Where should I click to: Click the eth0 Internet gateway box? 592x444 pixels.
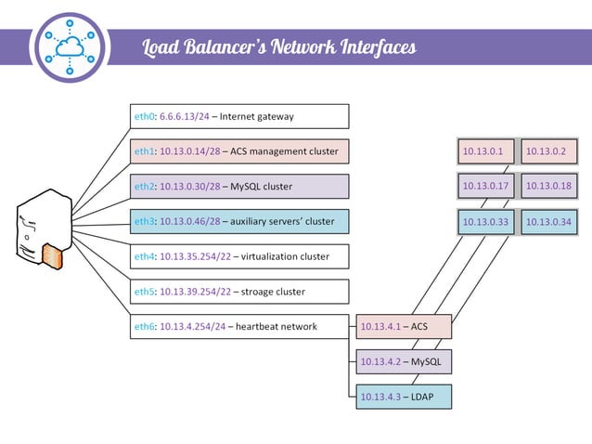click(x=239, y=116)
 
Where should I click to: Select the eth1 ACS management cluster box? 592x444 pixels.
click(x=239, y=151)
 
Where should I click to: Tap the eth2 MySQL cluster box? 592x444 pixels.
click(x=239, y=187)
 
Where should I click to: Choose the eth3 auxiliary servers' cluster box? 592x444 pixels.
click(x=239, y=221)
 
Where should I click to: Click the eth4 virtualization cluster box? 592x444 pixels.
click(x=239, y=256)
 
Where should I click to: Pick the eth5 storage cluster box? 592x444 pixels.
click(x=239, y=292)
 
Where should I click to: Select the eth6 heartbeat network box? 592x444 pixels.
click(x=239, y=326)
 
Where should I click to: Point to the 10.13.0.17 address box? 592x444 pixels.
click(x=484, y=187)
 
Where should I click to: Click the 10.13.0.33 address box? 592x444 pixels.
click(x=484, y=222)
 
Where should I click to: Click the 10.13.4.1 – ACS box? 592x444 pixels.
click(x=404, y=327)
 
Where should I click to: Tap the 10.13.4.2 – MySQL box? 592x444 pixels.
click(x=404, y=361)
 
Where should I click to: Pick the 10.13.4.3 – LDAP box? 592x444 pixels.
click(x=404, y=397)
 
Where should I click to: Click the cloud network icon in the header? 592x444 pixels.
click(x=70, y=47)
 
